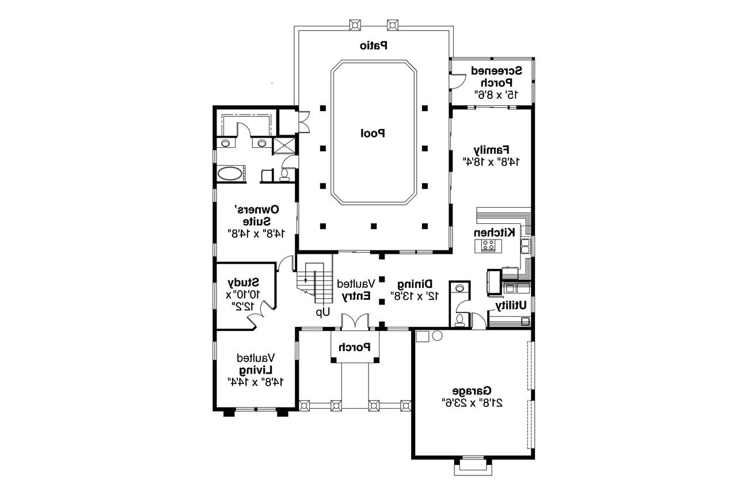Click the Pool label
click(x=373, y=134)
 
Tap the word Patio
click(x=374, y=45)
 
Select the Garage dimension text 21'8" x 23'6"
click(x=472, y=403)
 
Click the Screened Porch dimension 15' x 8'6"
click(x=496, y=95)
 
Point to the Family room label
click(x=492, y=150)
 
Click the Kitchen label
click(x=494, y=233)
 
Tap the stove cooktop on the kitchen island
click(x=488, y=245)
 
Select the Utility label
click(x=511, y=306)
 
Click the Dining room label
click(x=415, y=284)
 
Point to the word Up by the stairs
click(x=323, y=312)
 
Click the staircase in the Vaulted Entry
click(x=314, y=283)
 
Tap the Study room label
click(x=243, y=282)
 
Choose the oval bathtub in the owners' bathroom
click(x=230, y=174)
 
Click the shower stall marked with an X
click(x=284, y=146)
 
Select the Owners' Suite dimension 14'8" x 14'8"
click(x=256, y=234)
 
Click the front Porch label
click(x=355, y=347)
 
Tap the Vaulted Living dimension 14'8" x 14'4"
click(x=255, y=382)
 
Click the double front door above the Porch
click(x=355, y=321)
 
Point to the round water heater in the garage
click(x=437, y=336)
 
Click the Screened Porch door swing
click(x=457, y=82)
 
